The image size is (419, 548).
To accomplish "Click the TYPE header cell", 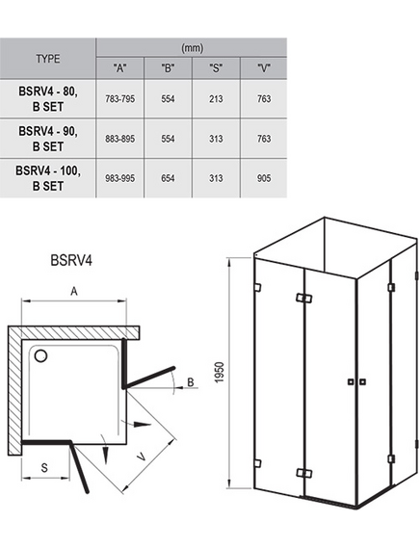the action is pyautogui.click(x=48, y=59).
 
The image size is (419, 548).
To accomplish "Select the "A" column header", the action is pyautogui.click(x=119, y=68).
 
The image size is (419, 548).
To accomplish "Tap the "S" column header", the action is pyautogui.click(x=216, y=68).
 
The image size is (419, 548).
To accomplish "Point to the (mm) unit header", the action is pyautogui.click(x=193, y=48).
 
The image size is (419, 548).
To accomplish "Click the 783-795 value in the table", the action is pyautogui.click(x=119, y=99).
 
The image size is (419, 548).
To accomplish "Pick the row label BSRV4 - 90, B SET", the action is pyautogui.click(x=48, y=139).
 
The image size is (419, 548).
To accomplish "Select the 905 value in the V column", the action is pyautogui.click(x=264, y=178).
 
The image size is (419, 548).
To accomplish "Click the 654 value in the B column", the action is pyautogui.click(x=168, y=178).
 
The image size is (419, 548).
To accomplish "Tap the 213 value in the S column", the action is pyautogui.click(x=216, y=99).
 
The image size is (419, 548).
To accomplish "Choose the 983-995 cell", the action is pyautogui.click(x=119, y=178).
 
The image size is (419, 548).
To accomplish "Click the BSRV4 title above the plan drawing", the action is pyautogui.click(x=71, y=260).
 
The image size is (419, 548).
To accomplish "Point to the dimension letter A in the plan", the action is pyautogui.click(x=74, y=291).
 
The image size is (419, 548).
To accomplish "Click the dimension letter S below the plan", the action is pyautogui.click(x=44, y=467).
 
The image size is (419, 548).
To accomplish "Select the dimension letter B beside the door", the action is pyautogui.click(x=191, y=382).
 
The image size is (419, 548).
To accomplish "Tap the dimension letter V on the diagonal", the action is pyautogui.click(x=141, y=457).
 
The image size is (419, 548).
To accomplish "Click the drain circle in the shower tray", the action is pyautogui.click(x=40, y=356).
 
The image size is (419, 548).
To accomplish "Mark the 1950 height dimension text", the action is pyautogui.click(x=219, y=372).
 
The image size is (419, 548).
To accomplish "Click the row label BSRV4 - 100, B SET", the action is pyautogui.click(x=48, y=178).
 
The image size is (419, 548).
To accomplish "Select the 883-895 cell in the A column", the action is pyautogui.click(x=119, y=139).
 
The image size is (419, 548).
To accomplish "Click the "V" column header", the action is pyautogui.click(x=264, y=68).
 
